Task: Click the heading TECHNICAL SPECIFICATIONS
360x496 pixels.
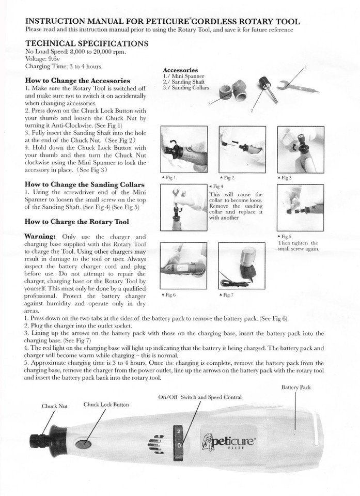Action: [x=87, y=43]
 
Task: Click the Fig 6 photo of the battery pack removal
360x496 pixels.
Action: [x=183, y=265]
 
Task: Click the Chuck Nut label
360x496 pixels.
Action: [x=54, y=406]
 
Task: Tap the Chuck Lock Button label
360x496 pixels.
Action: [x=106, y=404]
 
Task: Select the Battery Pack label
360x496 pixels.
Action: [x=296, y=387]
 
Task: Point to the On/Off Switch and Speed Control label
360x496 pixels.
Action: [x=200, y=397]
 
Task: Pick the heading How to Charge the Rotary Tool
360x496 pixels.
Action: [x=77, y=222]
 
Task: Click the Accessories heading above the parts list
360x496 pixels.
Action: [x=180, y=70]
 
